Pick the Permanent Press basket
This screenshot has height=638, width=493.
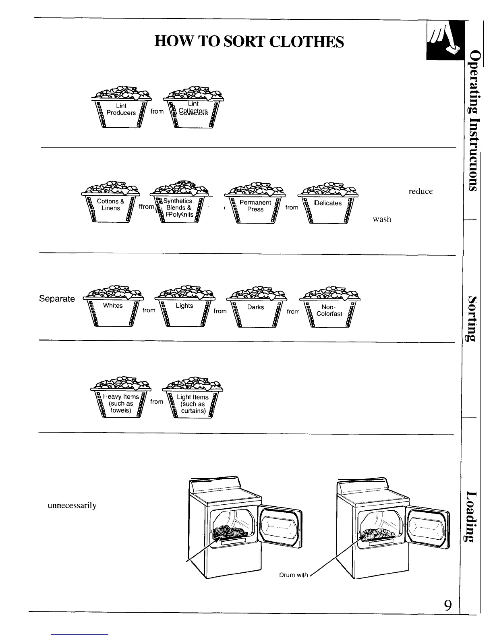click(255, 206)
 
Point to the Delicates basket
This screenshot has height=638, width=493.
click(328, 205)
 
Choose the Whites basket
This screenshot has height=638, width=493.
click(113, 308)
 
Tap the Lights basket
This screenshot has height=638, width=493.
click(184, 308)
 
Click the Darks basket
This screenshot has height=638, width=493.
click(256, 309)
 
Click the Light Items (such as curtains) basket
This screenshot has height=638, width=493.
click(193, 403)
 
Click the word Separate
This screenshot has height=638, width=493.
click(57, 299)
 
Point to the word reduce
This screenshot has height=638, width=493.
click(420, 192)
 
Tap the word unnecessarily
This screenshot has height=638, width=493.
click(72, 505)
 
